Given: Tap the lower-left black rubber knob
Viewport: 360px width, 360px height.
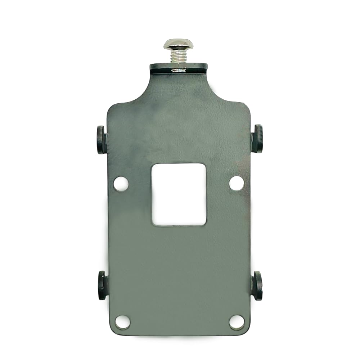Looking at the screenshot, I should [x=102, y=285].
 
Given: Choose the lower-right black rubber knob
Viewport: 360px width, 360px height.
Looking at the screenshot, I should [x=257, y=286].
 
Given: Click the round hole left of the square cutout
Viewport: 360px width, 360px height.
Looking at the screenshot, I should [x=121, y=184].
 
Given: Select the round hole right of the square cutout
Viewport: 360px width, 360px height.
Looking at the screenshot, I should [x=237, y=183].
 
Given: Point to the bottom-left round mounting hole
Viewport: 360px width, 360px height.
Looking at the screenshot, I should [x=122, y=322].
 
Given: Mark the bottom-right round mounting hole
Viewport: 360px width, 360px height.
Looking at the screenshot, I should [x=237, y=322].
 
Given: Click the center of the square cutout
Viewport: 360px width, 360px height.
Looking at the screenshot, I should [x=179, y=194].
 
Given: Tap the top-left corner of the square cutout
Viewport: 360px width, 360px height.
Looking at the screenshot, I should [x=152, y=165].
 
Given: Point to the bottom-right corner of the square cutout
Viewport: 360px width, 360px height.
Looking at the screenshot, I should [x=206, y=225].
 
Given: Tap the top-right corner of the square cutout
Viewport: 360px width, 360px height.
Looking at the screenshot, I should [x=205, y=165].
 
